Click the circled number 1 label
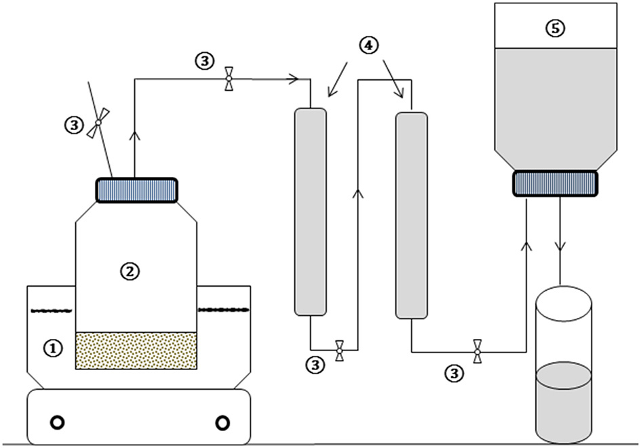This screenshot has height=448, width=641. coord(53,349)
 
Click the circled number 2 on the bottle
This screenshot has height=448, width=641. coord(130,272)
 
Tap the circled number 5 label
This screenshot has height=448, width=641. coord(556,28)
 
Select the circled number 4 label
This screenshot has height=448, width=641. coord(368,45)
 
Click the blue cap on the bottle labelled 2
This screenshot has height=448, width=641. coord(136,190)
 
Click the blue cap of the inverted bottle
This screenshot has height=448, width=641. coord(555,184)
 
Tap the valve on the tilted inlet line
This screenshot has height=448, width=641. coord(98,122)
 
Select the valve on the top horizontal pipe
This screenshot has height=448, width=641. coord(229,79)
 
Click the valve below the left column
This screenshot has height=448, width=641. coord(339,350)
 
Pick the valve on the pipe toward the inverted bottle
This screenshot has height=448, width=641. coord(477,351)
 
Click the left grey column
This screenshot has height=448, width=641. coord(311,211)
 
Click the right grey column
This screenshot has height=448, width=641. coord(411,216)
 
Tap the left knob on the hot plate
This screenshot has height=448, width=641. coord(57,422)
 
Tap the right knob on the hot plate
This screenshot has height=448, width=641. coord(222,423)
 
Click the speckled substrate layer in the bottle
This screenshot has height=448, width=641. coord(136,351)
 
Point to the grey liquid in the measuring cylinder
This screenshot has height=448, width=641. coord(564,403)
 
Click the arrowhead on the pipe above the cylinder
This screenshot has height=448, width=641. coord(560,247)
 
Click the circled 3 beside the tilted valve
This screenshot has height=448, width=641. coord(74,125)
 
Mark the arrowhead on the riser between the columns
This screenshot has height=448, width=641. coord(358,193)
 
